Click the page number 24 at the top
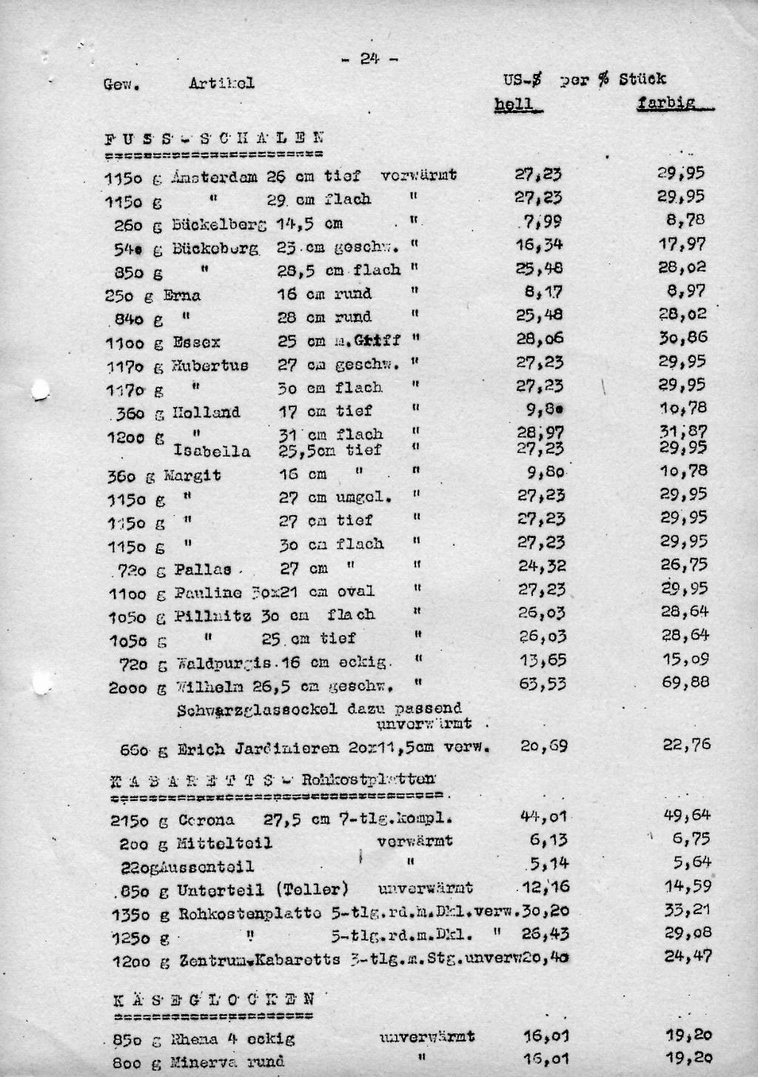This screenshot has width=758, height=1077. pos(369,58)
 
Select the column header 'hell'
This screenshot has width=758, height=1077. pos(515,104)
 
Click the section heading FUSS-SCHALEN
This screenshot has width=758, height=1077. pos(214,138)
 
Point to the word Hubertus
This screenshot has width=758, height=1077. pos(211,365)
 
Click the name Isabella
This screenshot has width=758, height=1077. pos(212,451)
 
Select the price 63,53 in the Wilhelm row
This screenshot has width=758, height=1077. pos(542,684)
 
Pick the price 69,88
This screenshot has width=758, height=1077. pos(685,681)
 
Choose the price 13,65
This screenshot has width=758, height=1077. pos(542,660)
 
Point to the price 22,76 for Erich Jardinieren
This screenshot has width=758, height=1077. pos(686,745)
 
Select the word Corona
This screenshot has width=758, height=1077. pos(207,820)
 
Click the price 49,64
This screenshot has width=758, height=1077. pos(687,815)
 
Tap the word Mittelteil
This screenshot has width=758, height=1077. pos(225,843)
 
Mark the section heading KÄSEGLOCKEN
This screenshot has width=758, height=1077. pos(215,999)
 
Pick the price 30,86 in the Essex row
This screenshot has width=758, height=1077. pos(682,338)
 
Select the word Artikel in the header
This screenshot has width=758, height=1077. pos(221,83)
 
